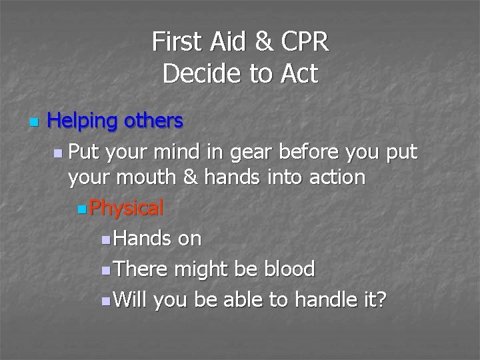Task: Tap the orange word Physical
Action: click(x=126, y=209)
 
